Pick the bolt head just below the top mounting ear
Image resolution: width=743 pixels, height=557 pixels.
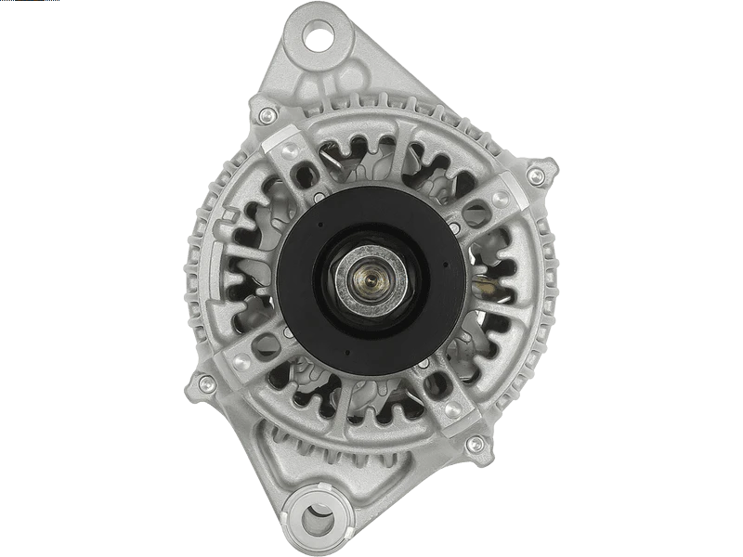[x=267, y=115]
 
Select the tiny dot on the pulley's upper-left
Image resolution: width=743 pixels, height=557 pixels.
[x=319, y=224]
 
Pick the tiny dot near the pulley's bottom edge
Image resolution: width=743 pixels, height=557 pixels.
[x=345, y=351]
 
